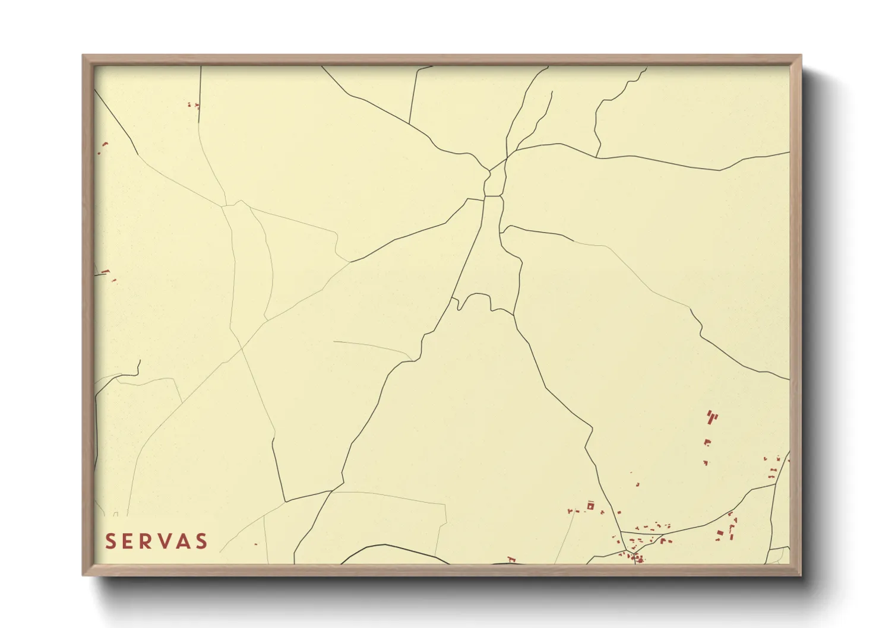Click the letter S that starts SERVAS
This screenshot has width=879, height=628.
pos(110,541)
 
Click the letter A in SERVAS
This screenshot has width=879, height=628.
pos(185,541)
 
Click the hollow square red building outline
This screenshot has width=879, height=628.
pos(590,506)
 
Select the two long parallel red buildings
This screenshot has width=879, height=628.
pos(712,417)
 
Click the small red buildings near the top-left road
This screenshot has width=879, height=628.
pos(193,105)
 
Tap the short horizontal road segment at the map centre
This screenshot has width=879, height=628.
pos(493,196)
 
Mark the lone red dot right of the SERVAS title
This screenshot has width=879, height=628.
pos(256,544)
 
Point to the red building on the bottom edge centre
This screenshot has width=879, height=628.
pos(511,559)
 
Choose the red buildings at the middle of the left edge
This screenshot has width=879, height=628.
pos(106,272)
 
